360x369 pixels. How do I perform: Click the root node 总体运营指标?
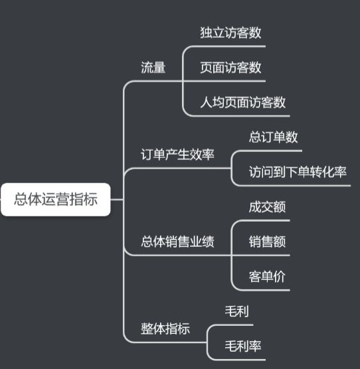click(56, 199)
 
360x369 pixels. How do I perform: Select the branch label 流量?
click(153, 68)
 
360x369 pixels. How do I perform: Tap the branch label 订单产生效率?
click(177, 155)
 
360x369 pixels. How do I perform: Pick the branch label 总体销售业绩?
click(177, 242)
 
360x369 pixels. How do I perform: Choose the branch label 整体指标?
click(165, 329)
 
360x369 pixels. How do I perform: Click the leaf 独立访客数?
click(230, 33)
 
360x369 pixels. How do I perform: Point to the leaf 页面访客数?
click(230, 68)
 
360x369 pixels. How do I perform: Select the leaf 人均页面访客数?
click(242, 102)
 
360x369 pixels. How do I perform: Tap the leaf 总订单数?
click(273, 137)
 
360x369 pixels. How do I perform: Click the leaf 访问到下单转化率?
click(298, 172)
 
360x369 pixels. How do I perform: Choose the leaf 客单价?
click(267, 277)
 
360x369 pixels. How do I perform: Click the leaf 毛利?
click(237, 311)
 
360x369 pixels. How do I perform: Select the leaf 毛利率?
click(243, 346)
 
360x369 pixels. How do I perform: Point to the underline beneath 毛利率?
click(243, 359)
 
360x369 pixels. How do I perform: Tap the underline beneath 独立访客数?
click(230, 46)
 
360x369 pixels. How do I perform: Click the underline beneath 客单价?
click(267, 290)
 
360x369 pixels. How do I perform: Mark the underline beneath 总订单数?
click(273, 151)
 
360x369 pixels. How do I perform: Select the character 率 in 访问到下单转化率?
click(341, 172)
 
